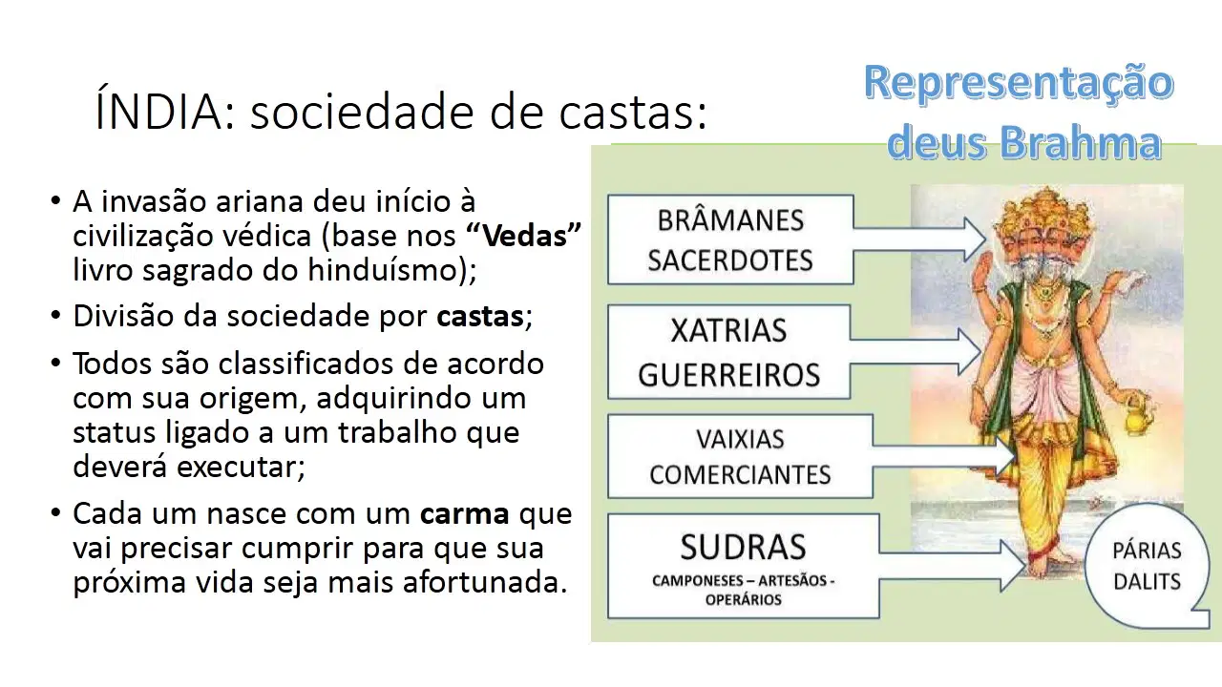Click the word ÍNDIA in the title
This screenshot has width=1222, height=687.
159,109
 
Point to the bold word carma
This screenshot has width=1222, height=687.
465,513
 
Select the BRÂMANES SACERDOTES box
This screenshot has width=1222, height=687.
730,239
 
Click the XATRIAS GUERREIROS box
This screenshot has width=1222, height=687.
729,352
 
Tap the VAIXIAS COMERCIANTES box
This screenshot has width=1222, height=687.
740,457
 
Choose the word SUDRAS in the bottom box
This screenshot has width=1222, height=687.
743,547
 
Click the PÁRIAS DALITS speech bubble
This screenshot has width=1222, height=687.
1147,567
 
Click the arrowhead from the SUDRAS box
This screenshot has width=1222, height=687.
1013,566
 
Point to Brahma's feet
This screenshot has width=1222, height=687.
1050,562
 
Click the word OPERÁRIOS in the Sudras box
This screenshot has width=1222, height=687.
743,600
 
